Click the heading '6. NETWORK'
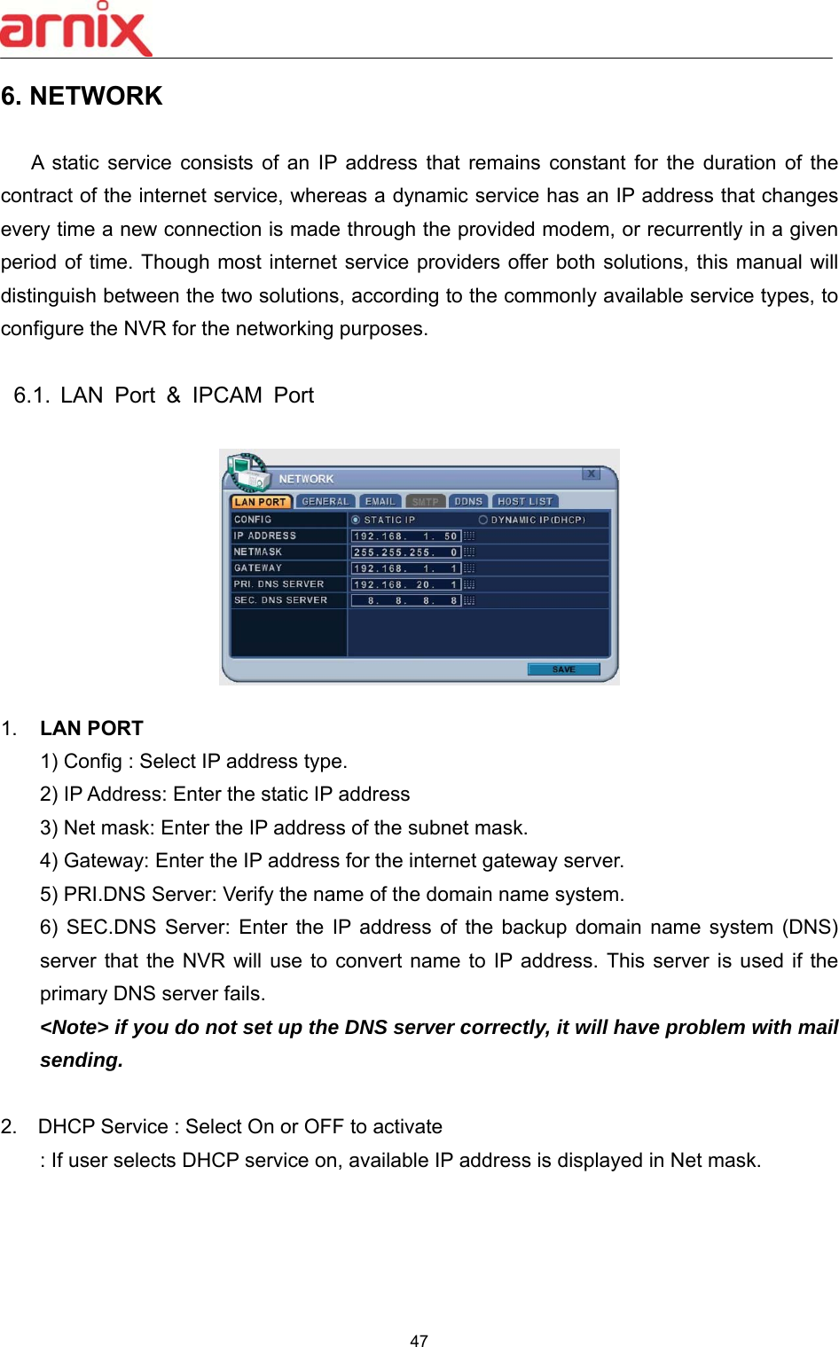tap(82, 96)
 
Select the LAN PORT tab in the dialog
tap(260, 502)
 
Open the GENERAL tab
tap(325, 502)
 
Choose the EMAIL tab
tap(380, 502)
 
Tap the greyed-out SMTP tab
tap(425, 502)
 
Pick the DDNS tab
tap(468, 502)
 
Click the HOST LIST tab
tap(524, 502)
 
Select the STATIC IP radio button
tap(356, 520)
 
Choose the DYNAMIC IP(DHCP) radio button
tap(483, 520)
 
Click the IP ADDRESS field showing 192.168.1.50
tap(405, 536)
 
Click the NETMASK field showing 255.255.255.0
tap(405, 552)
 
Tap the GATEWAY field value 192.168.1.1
tap(405, 568)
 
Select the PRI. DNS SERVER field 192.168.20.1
tap(405, 584)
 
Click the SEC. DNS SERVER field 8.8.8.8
tap(405, 600)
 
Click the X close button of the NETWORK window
tap(591, 474)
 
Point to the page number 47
tap(419, 1341)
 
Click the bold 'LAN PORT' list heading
tap(91, 728)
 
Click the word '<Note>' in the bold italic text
tap(74, 1027)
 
